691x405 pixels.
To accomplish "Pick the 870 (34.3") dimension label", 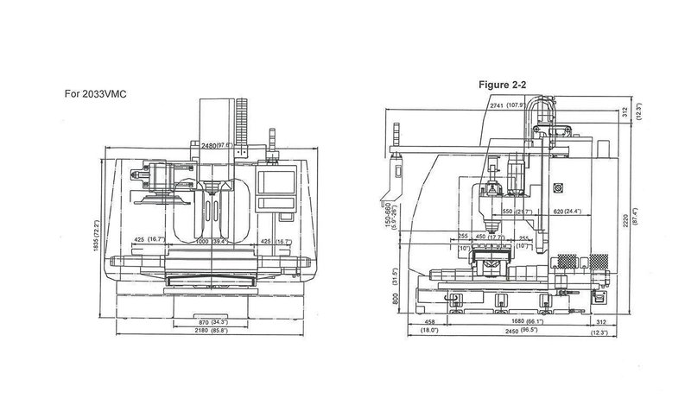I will (208, 322).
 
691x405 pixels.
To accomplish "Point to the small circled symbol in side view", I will (559, 186).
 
